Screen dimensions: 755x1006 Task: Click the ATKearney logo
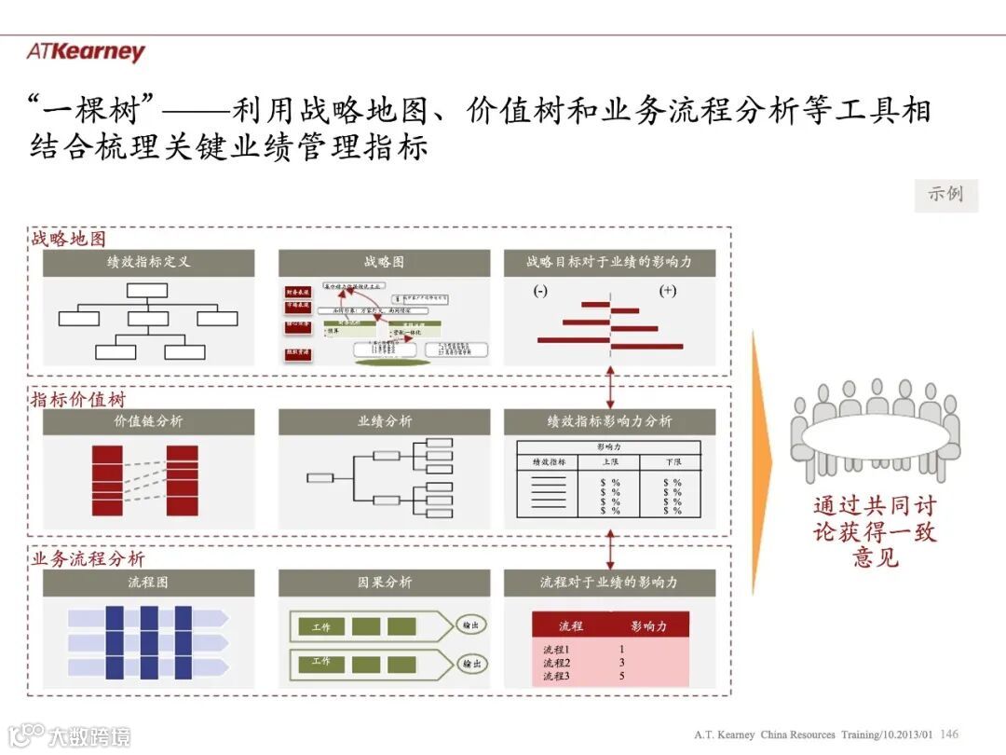pyautogui.click(x=86, y=52)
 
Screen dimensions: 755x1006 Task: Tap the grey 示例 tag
pyautogui.click(x=945, y=195)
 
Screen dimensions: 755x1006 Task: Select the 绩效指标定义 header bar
pyautogui.click(x=148, y=262)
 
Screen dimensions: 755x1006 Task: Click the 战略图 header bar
pyautogui.click(x=384, y=262)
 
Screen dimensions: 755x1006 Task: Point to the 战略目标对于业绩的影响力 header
pyautogui.click(x=609, y=262)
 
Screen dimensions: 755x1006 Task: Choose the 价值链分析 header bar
pyautogui.click(x=148, y=421)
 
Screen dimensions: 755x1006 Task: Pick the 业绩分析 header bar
pyautogui.click(x=384, y=421)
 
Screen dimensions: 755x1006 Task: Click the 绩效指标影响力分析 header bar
pyautogui.click(x=609, y=421)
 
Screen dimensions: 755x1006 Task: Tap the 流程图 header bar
pyautogui.click(x=148, y=583)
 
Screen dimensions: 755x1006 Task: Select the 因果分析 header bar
pyautogui.click(x=384, y=583)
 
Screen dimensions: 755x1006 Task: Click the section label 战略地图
pyautogui.click(x=69, y=239)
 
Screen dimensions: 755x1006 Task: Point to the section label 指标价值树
pyautogui.click(x=78, y=400)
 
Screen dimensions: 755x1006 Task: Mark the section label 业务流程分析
pyautogui.click(x=88, y=559)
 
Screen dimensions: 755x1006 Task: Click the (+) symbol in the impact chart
pyautogui.click(x=667, y=291)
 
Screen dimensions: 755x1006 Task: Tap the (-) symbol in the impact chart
pyautogui.click(x=540, y=291)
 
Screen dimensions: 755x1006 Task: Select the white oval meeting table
pyautogui.click(x=875, y=437)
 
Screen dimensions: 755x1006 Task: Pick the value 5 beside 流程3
pyautogui.click(x=621, y=676)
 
